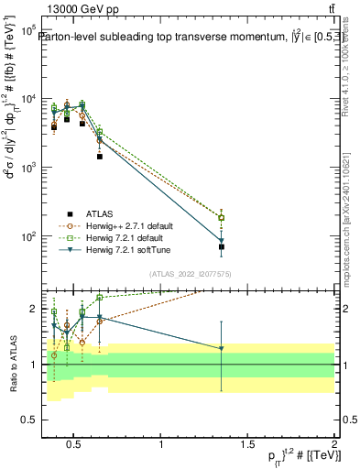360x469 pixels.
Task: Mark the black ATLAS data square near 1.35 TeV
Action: (x=222, y=247)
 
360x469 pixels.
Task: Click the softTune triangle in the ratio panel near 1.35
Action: (x=222, y=348)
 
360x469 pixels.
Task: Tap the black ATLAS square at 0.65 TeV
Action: (x=100, y=157)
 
